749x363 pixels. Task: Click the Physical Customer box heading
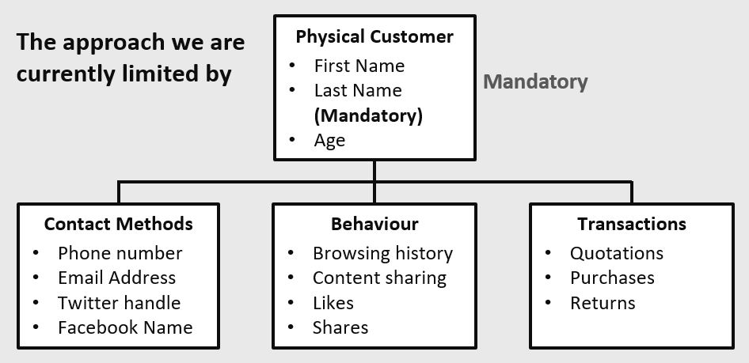point(374,36)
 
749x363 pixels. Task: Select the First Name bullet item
point(359,66)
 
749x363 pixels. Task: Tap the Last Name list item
point(358,91)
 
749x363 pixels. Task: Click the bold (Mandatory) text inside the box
point(368,115)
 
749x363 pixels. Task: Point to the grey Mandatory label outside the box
point(535,82)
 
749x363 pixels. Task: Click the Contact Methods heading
point(119,224)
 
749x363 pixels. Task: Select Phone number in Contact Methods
point(120,253)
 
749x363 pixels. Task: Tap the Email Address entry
point(117,278)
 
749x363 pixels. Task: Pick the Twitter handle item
point(120,303)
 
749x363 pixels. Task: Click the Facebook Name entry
point(125,327)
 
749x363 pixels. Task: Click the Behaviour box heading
point(374,224)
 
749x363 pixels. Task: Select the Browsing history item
point(382,254)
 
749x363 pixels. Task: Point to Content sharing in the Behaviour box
point(380,278)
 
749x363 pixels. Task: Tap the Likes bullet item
point(333,303)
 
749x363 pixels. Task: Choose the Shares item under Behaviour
point(340,327)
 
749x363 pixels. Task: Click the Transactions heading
point(632,224)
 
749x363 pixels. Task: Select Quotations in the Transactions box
point(617,253)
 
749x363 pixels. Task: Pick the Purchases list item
point(612,278)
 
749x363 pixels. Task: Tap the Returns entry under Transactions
point(603,303)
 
